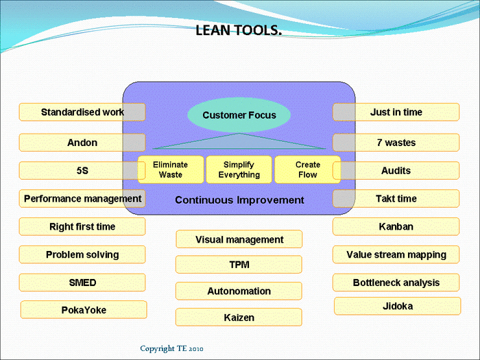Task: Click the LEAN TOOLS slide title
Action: click(x=239, y=31)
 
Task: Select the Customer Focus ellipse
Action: click(x=239, y=115)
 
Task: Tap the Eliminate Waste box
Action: click(x=171, y=169)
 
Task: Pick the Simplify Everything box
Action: click(x=239, y=169)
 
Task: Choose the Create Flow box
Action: click(x=307, y=169)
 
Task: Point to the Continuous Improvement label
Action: click(x=239, y=200)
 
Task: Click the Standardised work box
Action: click(x=82, y=112)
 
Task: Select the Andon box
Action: click(x=82, y=143)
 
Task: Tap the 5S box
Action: click(x=82, y=171)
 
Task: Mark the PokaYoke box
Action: click(x=84, y=310)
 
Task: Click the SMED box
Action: click(x=82, y=283)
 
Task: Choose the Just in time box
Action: click(x=396, y=112)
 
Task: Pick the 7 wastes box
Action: click(x=396, y=143)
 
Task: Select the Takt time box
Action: click(x=396, y=199)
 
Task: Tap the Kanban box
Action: click(x=396, y=226)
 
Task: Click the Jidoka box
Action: click(x=397, y=306)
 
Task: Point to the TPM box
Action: click(x=239, y=265)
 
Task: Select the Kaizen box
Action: click(x=239, y=317)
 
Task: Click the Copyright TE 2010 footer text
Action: click(x=171, y=348)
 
